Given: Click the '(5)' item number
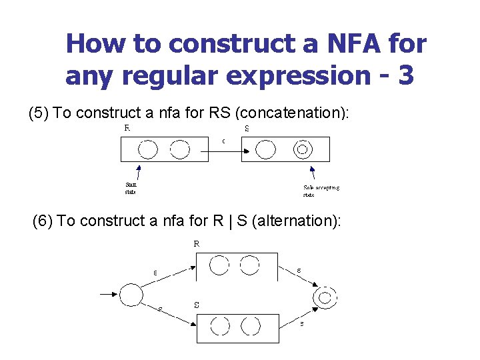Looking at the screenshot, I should click(x=39, y=113).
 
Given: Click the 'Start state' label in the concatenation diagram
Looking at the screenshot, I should click(x=131, y=189).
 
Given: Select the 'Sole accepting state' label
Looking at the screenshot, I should click(x=321, y=191).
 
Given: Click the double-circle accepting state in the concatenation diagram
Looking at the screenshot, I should click(x=302, y=149).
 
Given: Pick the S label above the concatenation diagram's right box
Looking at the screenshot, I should click(x=247, y=129).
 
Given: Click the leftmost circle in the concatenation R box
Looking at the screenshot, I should click(x=149, y=149).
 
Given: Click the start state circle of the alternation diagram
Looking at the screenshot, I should click(x=131, y=294).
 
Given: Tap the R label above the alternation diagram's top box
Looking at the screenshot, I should click(x=197, y=244).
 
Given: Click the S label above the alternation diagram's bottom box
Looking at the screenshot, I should click(x=197, y=305).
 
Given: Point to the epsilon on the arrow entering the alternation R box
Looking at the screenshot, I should click(x=155, y=272).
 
